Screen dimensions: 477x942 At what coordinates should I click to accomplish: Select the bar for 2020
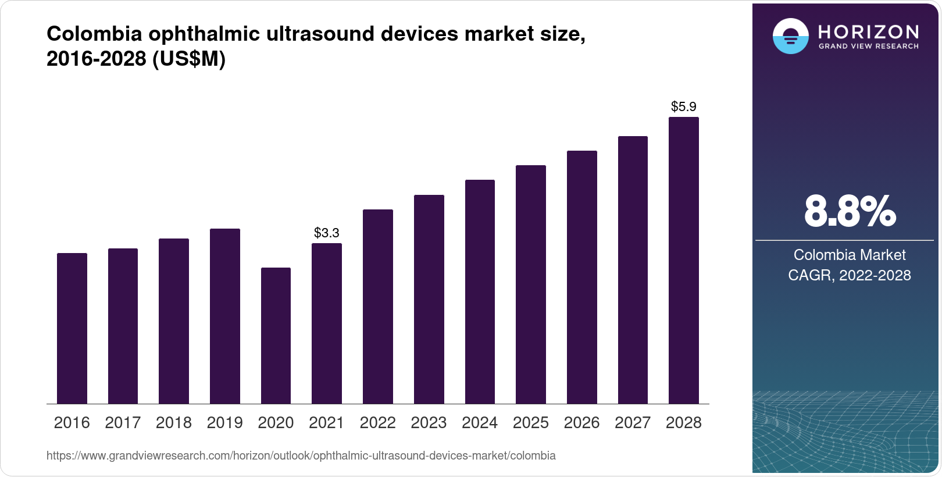coord(276,336)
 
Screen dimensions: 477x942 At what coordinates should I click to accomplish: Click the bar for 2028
coord(683,261)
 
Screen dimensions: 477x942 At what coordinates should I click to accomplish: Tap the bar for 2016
coord(72,329)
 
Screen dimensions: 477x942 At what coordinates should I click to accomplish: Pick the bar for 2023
coord(429,300)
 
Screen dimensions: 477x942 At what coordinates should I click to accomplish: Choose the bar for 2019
coord(224,316)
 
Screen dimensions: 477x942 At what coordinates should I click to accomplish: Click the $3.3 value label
coord(327,233)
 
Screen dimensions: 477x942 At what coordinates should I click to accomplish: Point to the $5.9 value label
coord(683,107)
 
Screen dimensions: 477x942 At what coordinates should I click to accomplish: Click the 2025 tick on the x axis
coord(530,423)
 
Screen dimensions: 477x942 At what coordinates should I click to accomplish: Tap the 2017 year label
coord(123,423)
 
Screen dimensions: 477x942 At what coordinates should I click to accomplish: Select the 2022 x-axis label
coord(377,423)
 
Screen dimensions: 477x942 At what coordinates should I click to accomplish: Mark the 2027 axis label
coord(633,423)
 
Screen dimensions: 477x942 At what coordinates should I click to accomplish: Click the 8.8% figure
coord(850,212)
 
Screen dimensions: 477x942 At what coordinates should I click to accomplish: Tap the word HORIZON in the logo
coord(868,31)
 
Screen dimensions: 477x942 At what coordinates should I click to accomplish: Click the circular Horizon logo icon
coord(790,37)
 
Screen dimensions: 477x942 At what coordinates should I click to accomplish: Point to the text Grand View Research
coord(868,47)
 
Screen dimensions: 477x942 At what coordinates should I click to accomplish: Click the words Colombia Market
coord(850,255)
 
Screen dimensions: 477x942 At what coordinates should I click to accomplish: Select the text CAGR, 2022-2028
coord(850,275)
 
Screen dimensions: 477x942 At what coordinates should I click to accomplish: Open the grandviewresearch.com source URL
coord(301,456)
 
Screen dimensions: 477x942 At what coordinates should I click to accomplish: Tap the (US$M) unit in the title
coord(189,59)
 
